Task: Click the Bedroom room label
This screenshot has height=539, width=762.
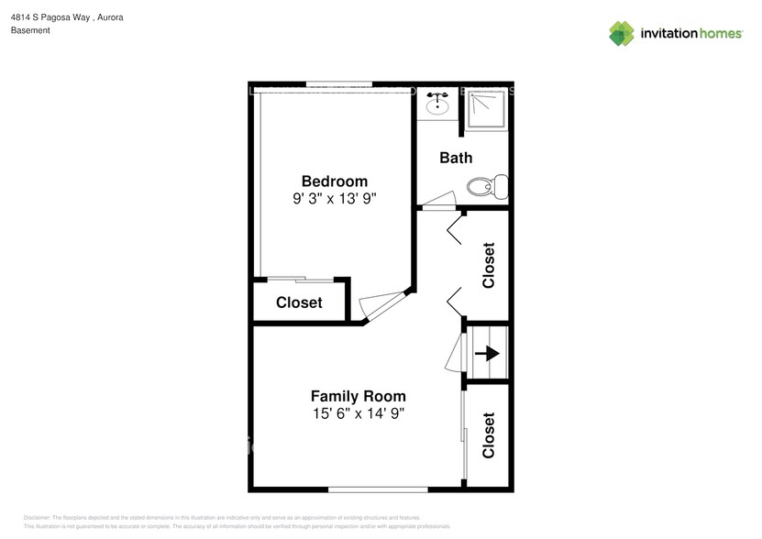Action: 335,181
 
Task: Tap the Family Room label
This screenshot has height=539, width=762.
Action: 358,396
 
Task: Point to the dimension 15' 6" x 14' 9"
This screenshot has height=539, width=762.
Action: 358,413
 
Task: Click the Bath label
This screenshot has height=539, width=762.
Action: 456,158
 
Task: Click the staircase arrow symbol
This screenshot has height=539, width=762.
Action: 487,352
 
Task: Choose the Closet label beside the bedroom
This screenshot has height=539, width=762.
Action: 299,302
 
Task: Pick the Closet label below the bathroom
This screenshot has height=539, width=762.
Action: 488,265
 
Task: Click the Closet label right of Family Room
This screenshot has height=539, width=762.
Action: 488,435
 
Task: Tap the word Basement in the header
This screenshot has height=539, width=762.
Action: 30,30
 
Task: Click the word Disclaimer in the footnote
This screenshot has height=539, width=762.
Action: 37,518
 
